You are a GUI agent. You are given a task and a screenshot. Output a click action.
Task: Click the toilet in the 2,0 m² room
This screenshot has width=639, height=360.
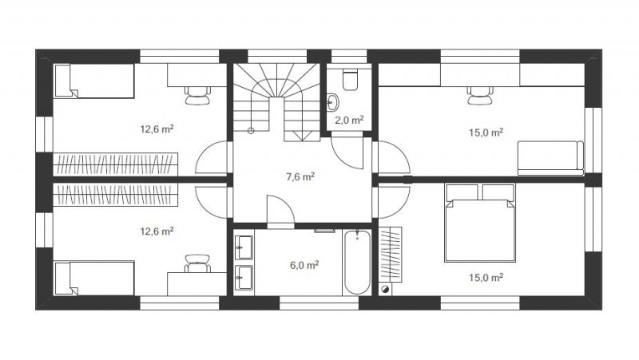(x=350, y=81)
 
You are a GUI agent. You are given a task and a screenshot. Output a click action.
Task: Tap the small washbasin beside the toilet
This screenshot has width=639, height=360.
(x=332, y=103)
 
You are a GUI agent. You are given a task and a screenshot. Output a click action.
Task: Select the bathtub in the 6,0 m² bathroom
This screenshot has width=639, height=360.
(x=357, y=263)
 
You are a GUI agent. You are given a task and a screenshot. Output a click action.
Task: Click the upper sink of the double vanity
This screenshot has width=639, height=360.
(x=244, y=247)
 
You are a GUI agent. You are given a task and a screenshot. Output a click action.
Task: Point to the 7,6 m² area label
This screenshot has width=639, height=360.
(x=300, y=176)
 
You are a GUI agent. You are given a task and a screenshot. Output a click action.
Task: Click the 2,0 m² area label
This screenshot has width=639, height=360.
(x=349, y=121)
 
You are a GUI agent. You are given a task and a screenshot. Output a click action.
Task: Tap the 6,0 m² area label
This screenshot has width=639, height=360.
(x=304, y=265)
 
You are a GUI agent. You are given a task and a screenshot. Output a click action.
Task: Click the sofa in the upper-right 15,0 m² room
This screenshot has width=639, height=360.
(x=550, y=158)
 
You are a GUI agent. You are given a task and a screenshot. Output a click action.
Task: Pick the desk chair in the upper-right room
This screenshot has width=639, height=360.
(x=480, y=96)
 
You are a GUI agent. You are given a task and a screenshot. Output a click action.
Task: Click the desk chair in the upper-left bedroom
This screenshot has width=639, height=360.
(x=197, y=96)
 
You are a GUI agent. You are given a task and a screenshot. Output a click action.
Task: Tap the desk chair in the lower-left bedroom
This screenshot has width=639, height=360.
(x=197, y=263)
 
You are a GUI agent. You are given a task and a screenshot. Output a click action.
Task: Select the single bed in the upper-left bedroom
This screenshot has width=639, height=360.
(x=94, y=81)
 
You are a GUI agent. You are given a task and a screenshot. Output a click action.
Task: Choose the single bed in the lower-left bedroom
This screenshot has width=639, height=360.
(x=94, y=278)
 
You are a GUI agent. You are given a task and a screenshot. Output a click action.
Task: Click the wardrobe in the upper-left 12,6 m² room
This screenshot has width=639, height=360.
(x=116, y=164)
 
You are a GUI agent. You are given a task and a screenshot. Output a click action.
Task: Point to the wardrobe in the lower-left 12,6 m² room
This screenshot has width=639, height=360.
(x=116, y=195)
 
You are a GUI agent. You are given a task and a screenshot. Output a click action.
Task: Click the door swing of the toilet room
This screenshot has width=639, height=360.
(x=347, y=152)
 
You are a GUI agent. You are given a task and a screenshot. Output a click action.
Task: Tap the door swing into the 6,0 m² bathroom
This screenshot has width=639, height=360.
(x=281, y=209)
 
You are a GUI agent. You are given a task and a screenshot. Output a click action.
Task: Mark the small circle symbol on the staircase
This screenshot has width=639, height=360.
(x=251, y=131)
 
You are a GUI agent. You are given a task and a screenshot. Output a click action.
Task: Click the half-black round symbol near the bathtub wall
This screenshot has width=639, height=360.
(x=385, y=290)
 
